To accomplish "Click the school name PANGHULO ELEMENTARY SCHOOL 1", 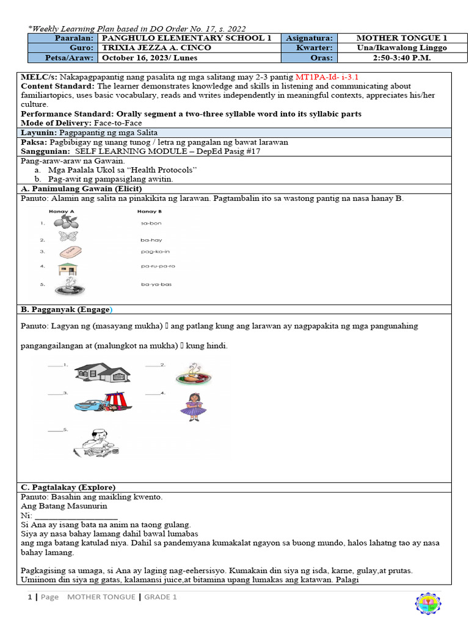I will [x=186, y=38].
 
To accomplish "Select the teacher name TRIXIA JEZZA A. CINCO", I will [x=156, y=48].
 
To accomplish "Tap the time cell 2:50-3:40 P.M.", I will [x=401, y=58].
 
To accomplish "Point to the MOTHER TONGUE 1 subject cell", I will [x=401, y=38].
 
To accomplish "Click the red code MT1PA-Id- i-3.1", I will [x=327, y=78].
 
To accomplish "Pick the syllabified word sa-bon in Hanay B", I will [x=151, y=223].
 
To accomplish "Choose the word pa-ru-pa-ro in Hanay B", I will [x=158, y=266].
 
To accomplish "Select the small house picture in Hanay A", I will [x=67, y=269].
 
